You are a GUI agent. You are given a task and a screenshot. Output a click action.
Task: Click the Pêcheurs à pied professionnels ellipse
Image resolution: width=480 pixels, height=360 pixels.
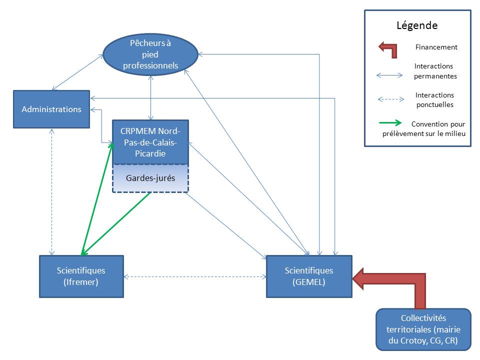click(150, 54)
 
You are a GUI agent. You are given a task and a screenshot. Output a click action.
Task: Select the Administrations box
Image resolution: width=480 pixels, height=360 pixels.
click(51, 109)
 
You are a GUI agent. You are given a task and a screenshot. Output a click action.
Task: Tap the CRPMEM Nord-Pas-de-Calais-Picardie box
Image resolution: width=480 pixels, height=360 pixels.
click(150, 142)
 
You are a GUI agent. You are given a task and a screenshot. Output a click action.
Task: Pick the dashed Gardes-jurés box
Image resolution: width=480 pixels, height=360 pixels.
click(150, 178)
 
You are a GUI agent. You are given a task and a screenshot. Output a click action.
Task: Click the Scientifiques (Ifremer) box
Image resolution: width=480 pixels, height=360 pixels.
click(81, 276)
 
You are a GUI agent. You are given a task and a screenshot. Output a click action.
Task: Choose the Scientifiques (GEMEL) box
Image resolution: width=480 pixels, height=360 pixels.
click(308, 276)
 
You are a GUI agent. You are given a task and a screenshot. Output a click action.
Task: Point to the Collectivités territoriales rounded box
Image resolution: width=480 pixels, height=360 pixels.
click(423, 329)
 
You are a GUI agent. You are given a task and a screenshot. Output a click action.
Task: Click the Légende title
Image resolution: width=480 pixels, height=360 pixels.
click(417, 25)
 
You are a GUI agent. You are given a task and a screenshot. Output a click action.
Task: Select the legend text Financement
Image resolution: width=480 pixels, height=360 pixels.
click(436, 47)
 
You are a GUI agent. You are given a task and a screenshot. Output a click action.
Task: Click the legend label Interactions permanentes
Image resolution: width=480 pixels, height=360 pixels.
click(433, 71)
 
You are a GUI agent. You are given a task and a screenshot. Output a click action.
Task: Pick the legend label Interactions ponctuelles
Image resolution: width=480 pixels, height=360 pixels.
click(434, 99)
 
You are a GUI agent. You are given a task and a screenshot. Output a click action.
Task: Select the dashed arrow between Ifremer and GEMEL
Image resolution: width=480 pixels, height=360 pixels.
click(194, 276)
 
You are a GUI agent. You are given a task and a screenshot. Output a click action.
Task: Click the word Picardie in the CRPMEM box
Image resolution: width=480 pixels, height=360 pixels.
click(150, 153)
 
